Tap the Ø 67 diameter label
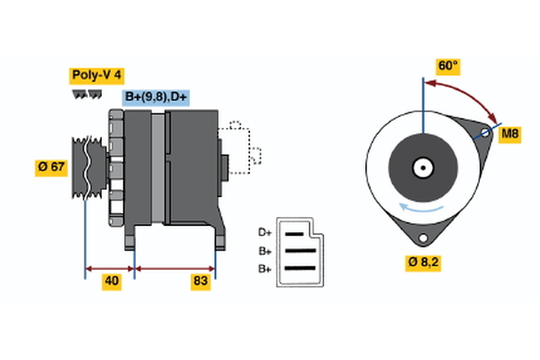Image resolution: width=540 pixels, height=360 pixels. (x=52, y=167)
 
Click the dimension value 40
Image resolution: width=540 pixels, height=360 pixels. (x=111, y=282)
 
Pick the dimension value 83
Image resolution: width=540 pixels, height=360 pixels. (x=200, y=282)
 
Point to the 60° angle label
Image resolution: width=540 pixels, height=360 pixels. (x=447, y=66)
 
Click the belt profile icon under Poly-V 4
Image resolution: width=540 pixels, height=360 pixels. (x=83, y=93)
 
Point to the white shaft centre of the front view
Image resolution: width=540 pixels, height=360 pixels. (x=421, y=167)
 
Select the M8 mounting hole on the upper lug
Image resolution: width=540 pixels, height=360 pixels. (x=487, y=135)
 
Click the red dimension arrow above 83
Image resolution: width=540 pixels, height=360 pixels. (x=175, y=267)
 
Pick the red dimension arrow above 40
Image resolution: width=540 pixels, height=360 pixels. (x=110, y=267)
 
